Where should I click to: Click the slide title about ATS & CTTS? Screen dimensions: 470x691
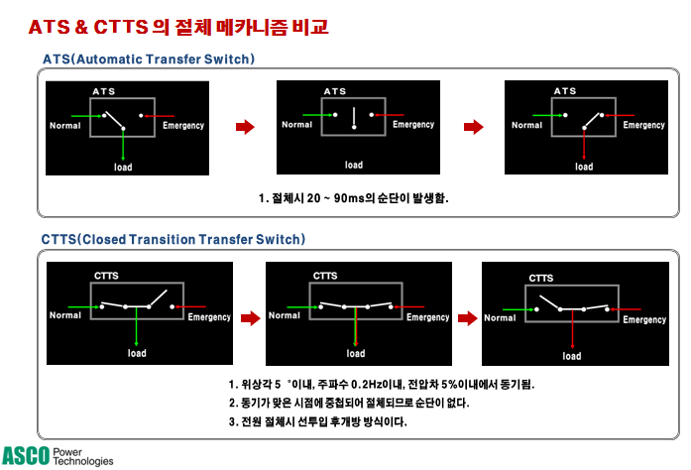coord(178,26)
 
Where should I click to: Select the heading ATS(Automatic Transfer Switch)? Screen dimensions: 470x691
coord(149,59)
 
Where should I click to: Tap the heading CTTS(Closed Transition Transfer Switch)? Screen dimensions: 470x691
coord(173,240)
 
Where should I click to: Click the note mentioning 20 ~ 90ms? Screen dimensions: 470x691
coord(352,198)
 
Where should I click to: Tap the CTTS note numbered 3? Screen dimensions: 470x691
coord(317,421)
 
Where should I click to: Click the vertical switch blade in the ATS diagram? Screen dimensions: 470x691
coord(353,118)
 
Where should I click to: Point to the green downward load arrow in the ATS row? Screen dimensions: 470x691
coord(123,144)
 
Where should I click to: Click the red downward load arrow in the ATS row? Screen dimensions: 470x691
coord(584,144)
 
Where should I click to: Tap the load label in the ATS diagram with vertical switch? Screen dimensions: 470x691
coord(354,166)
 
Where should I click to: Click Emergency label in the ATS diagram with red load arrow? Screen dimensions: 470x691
coord(643,125)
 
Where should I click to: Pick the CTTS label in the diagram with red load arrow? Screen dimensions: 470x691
coord(540,279)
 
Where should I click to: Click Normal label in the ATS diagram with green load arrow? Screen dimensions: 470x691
coord(65,125)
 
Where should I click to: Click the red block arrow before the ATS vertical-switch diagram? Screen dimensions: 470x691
coord(242,127)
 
